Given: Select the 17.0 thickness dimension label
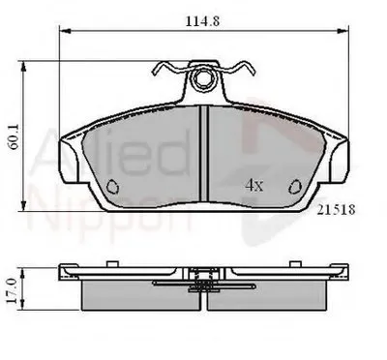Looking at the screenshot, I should coord(13,289).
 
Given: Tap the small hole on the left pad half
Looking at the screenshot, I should coord(111,186).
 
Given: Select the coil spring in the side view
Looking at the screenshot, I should coord(204,283).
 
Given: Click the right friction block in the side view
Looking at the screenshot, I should coord(276,296).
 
